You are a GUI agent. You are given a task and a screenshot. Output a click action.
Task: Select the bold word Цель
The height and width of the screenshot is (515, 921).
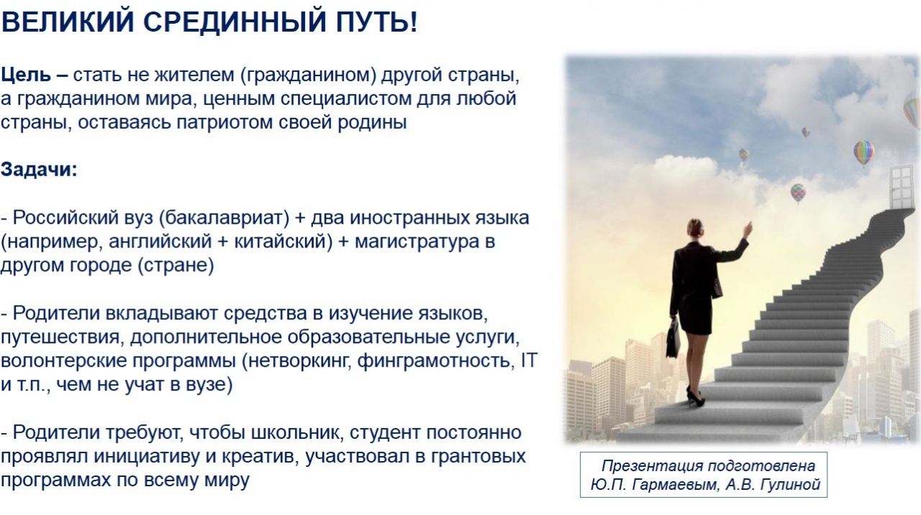click(x=26, y=76)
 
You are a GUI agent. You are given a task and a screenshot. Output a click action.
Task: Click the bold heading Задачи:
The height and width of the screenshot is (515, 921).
click(x=39, y=170)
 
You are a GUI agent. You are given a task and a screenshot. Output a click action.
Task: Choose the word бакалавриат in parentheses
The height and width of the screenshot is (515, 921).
click(x=224, y=218)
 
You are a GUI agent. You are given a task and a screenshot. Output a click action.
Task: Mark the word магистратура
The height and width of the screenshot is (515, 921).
click(x=417, y=242)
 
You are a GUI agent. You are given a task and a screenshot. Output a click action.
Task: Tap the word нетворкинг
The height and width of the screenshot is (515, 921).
click(x=298, y=361)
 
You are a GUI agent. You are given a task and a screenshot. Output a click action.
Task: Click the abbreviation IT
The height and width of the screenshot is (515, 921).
click(x=529, y=360)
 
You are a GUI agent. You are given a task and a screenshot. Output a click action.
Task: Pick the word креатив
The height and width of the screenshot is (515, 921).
click(x=260, y=456)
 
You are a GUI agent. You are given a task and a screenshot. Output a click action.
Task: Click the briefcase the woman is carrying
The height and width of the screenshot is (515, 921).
click(x=673, y=338)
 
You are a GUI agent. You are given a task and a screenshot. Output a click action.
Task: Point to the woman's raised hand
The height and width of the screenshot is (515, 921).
click(x=747, y=229)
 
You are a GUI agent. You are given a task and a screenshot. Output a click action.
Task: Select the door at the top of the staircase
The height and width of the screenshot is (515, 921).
click(x=901, y=188)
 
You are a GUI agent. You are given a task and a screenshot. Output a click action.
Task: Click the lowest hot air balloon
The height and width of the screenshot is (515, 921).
click(x=798, y=193)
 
